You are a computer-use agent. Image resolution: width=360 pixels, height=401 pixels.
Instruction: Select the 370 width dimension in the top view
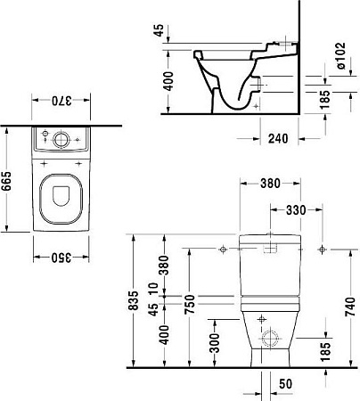point(61,102)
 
